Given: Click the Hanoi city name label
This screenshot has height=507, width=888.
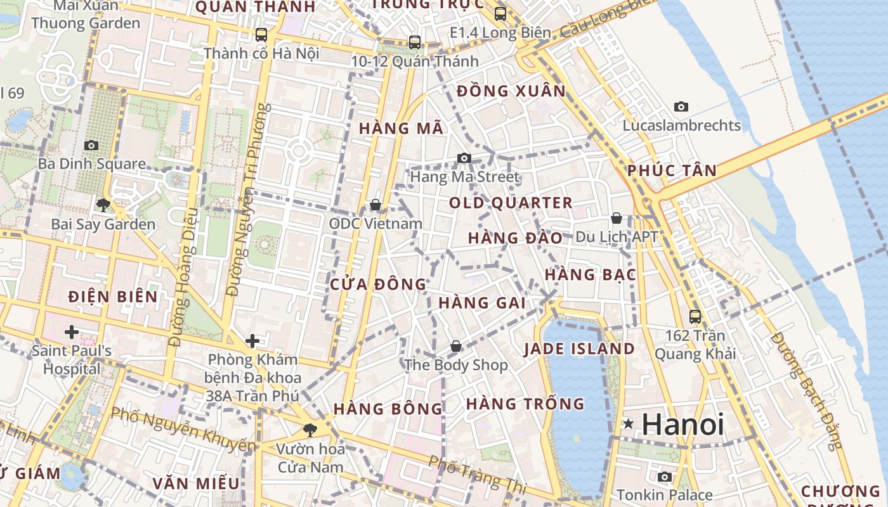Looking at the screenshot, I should point(682,424).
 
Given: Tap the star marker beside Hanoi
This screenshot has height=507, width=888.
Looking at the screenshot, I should point(628,423).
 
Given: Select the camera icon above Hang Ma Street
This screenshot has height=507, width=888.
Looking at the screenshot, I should point(464,158).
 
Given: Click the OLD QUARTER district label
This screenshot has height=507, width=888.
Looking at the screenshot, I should point(511,203).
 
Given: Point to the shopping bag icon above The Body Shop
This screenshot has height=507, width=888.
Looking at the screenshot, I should point(455,346).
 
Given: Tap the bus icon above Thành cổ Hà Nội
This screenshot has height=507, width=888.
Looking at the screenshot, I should point(261,34).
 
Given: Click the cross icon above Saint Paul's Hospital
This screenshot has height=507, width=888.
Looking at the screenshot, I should point(71,331).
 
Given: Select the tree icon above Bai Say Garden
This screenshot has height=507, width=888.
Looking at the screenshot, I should point(103,205).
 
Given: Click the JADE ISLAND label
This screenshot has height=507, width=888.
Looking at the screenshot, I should point(579,349).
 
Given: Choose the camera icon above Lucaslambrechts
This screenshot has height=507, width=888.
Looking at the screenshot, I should point(681,106).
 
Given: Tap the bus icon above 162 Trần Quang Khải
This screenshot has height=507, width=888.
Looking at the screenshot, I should point(695,316).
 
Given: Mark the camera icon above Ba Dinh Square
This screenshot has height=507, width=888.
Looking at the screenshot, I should point(91,145).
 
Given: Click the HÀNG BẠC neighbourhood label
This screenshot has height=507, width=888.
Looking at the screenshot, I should point(590,274).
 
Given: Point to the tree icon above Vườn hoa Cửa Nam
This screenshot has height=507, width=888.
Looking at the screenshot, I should point(310,430).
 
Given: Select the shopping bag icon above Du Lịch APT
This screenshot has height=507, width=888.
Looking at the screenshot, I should point(616,218).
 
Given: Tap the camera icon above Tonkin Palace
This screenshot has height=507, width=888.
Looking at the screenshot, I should point(664,477).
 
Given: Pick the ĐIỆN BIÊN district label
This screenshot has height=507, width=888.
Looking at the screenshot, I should point(113,296).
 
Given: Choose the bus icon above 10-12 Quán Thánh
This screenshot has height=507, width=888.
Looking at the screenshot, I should point(415,42).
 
